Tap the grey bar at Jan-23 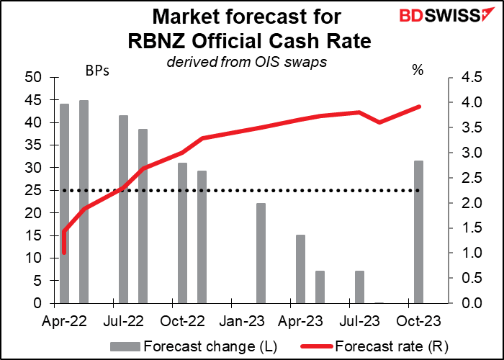(x=261, y=253)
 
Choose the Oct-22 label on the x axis (x=175, y=318)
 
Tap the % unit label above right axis (x=417, y=71)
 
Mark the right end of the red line (x=419, y=107)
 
